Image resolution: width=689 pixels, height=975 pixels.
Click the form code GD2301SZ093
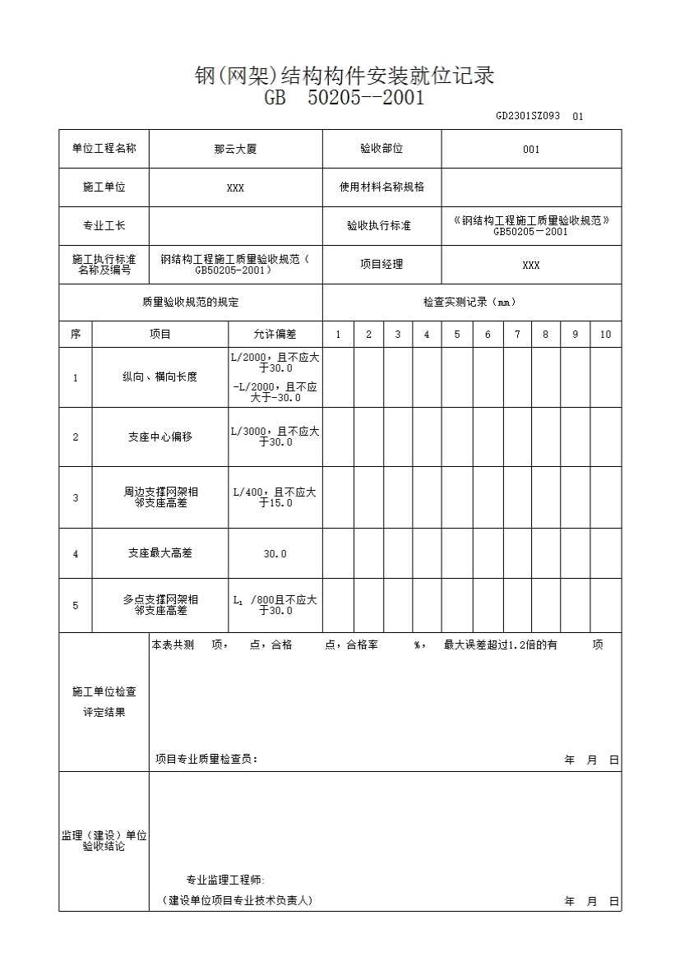527,116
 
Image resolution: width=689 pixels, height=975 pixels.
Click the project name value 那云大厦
235,150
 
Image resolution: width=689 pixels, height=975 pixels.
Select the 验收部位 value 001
531,150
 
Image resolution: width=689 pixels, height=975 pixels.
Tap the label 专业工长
104,225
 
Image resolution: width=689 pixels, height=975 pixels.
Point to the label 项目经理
381,265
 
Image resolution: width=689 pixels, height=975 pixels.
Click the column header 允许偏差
275,335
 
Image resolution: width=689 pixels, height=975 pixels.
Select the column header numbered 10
605,335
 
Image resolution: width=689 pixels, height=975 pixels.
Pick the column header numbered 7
517,335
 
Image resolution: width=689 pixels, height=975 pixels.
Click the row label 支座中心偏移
160,437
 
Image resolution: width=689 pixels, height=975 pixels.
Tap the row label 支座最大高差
160,553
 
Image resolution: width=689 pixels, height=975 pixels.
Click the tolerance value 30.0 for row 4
275,554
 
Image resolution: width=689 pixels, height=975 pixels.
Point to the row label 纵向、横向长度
160,377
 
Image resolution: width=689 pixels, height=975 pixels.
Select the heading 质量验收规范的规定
191,303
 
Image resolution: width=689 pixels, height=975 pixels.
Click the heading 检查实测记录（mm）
471,303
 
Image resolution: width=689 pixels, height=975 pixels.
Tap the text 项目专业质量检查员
206,760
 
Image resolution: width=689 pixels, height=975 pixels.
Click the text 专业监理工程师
225,880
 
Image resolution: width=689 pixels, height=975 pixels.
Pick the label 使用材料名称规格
382,187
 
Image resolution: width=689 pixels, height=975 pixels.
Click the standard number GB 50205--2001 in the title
344,99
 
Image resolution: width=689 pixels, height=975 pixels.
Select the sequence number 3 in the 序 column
76,497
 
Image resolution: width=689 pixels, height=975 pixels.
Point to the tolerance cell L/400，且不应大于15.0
275,497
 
